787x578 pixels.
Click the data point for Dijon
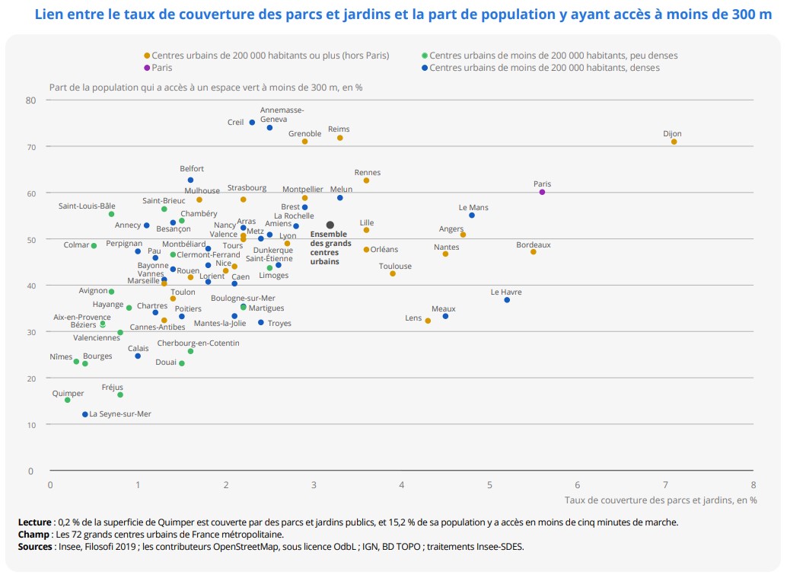pos(674,142)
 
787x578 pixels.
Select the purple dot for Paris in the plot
pos(542,192)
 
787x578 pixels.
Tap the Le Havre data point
pos(507,300)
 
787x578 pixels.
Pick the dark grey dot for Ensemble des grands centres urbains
pos(330,225)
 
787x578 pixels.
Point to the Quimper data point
pos(68,400)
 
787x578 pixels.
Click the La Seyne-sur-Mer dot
pos(85,414)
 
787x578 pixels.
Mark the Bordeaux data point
pos(533,252)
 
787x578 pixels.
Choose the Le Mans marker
pos(472,216)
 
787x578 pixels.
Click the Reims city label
pos(339,129)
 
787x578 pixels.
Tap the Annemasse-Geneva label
pos(282,114)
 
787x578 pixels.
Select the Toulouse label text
pos(395,266)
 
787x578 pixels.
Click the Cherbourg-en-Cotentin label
pos(198,343)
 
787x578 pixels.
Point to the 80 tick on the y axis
pos(30,101)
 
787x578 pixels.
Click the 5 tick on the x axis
pos(490,484)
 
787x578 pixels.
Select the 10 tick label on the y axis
pos(30,425)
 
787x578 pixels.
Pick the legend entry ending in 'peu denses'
pos(553,56)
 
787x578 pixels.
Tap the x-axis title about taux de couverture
pos(661,500)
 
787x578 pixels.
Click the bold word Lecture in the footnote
pos(35,522)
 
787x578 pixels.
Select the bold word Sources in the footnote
pos(36,546)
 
